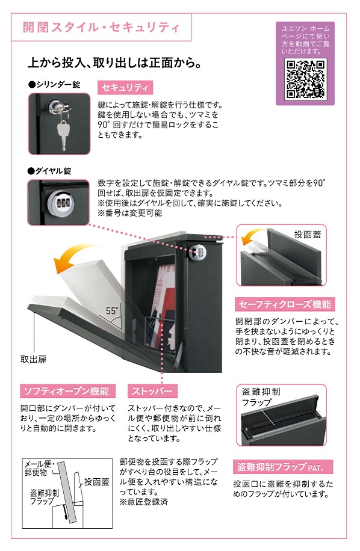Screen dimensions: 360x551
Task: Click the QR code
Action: [305, 79]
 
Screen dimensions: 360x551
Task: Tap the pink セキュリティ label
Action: [125, 87]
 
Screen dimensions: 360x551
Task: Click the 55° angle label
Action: [112, 310]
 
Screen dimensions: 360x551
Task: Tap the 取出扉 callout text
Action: [33, 359]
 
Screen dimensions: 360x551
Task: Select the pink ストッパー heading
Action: [152, 391]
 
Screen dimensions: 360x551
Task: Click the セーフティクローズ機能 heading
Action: [285, 304]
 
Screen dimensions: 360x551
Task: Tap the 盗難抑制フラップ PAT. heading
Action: [283, 467]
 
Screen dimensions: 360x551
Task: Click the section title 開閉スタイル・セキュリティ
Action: [101, 27]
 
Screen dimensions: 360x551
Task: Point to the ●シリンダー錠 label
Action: [54, 84]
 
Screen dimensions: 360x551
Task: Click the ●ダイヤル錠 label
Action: [49, 171]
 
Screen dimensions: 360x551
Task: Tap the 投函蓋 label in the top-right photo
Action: [308, 235]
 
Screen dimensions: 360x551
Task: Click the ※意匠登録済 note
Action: [143, 502]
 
